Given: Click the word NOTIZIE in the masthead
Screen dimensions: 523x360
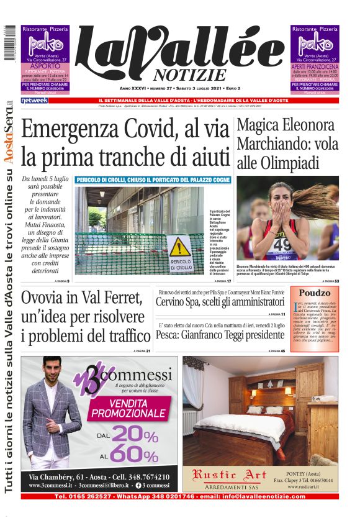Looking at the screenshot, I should coord(187,76).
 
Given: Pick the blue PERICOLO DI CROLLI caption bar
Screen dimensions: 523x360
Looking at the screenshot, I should coord(153,180).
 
